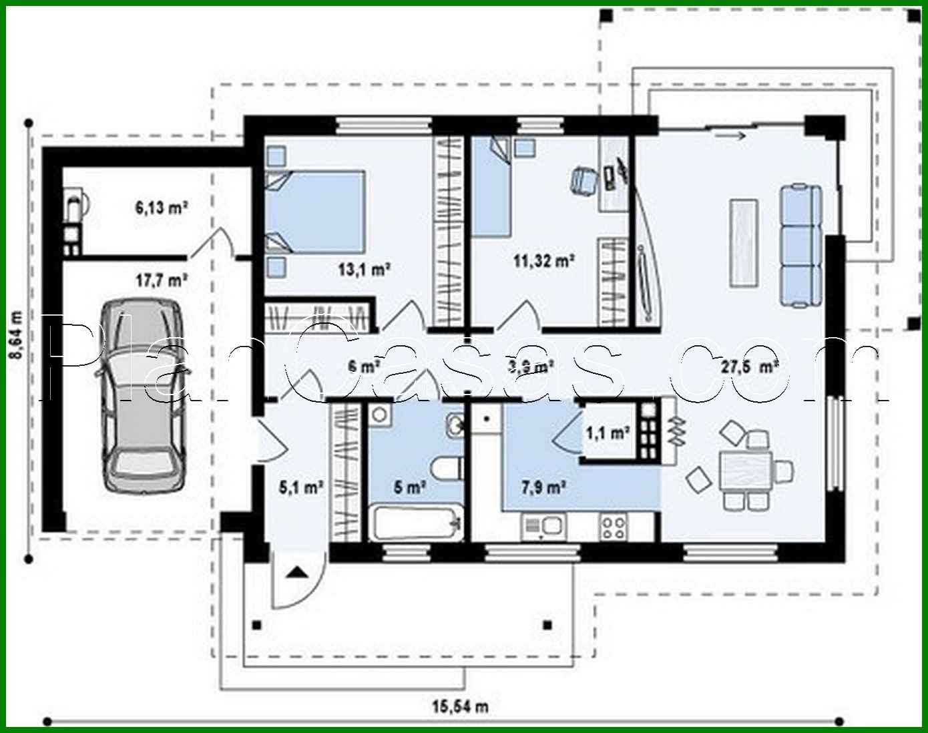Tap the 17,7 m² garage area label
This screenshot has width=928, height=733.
[161, 280]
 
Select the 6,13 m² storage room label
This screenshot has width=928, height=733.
[161, 208]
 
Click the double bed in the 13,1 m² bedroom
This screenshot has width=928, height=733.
[316, 212]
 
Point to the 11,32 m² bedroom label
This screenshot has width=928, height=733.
[544, 261]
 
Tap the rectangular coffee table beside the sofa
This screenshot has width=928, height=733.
[744, 244]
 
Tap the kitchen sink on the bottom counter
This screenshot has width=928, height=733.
[542, 527]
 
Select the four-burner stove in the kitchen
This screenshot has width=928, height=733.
[614, 526]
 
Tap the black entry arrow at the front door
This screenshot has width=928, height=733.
[296, 571]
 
